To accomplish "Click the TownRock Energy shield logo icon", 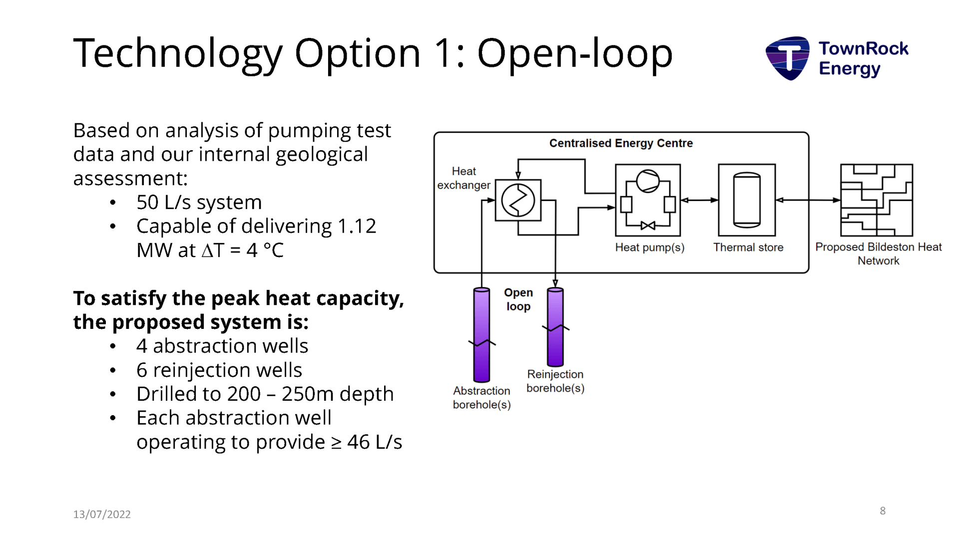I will point(788,58).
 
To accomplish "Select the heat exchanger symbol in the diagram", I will point(518,200).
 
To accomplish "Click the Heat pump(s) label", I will point(649,248).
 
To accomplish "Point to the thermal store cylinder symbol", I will point(747,200).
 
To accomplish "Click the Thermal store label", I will point(748,248).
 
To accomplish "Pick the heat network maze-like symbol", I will point(876,200).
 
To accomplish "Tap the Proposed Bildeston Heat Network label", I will point(878,254).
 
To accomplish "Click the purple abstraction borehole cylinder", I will point(481,334).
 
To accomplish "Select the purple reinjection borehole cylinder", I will point(555,327).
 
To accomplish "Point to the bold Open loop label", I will point(518,299).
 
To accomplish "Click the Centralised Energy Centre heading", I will point(621,143).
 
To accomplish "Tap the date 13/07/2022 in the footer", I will point(102,514).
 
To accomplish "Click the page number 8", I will point(883,511).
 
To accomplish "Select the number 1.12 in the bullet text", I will point(356,226).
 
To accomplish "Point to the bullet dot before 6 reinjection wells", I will point(113,370).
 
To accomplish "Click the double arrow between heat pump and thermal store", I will point(699,200).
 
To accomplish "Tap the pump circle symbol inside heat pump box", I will point(648,181).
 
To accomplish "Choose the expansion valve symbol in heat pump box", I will point(648,226).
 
